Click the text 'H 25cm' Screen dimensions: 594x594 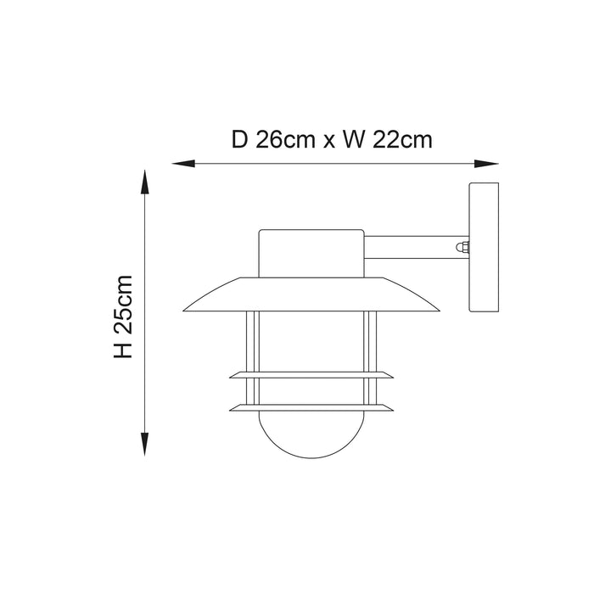click(124, 317)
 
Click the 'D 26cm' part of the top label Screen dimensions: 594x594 click(273, 139)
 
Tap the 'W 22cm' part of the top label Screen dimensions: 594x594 click(387, 139)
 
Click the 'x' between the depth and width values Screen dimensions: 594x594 click(329, 142)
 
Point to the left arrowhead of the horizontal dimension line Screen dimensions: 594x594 click(183, 164)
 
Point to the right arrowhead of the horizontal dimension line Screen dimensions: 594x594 click(486, 164)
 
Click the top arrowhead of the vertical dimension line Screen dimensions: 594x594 click(144, 182)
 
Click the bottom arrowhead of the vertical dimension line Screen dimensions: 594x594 click(144, 444)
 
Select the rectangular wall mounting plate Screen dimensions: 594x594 click(484, 247)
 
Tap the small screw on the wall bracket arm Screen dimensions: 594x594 click(462, 247)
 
